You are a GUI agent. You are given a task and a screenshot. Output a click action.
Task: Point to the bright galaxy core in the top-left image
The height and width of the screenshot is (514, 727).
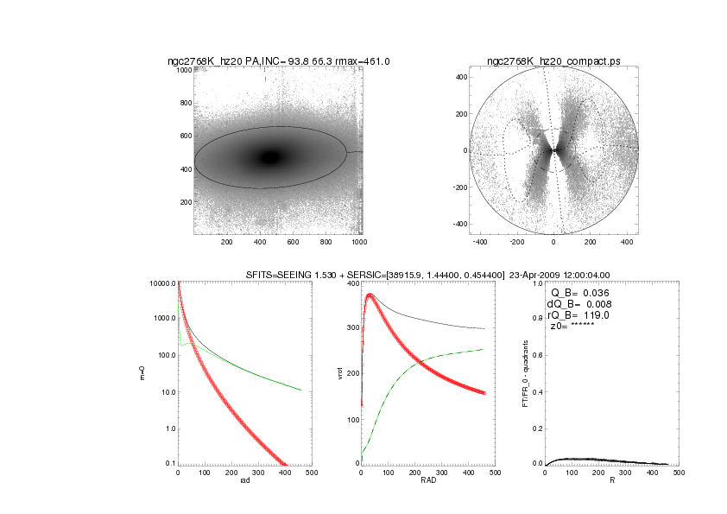coord(271,157)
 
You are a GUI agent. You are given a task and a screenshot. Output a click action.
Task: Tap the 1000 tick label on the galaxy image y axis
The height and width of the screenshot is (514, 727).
coord(184,70)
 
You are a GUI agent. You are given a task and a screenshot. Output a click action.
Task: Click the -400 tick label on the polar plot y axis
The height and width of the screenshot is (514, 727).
coord(459,224)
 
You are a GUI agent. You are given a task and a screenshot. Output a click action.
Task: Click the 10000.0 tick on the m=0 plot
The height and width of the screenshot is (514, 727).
coord(162,283)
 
